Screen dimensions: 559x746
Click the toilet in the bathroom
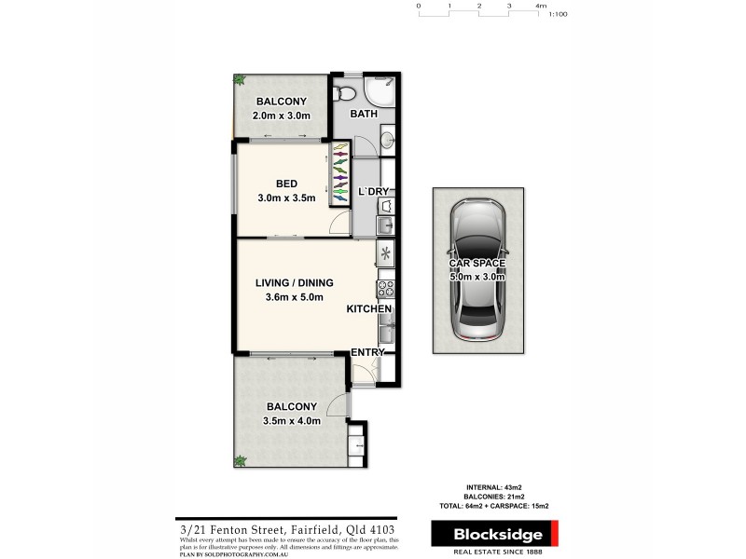(345, 91)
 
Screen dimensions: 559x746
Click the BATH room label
(363, 115)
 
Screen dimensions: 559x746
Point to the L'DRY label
(373, 192)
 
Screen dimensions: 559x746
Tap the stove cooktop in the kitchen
(384, 288)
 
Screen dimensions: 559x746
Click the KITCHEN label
(369, 309)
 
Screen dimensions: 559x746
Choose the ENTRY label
(367, 352)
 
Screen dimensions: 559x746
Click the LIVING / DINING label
(295, 283)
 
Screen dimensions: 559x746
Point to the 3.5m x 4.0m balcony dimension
(292, 420)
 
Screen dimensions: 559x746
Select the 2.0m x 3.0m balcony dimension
(281, 116)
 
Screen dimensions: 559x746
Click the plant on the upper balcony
(239, 80)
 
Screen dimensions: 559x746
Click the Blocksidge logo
(493, 534)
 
